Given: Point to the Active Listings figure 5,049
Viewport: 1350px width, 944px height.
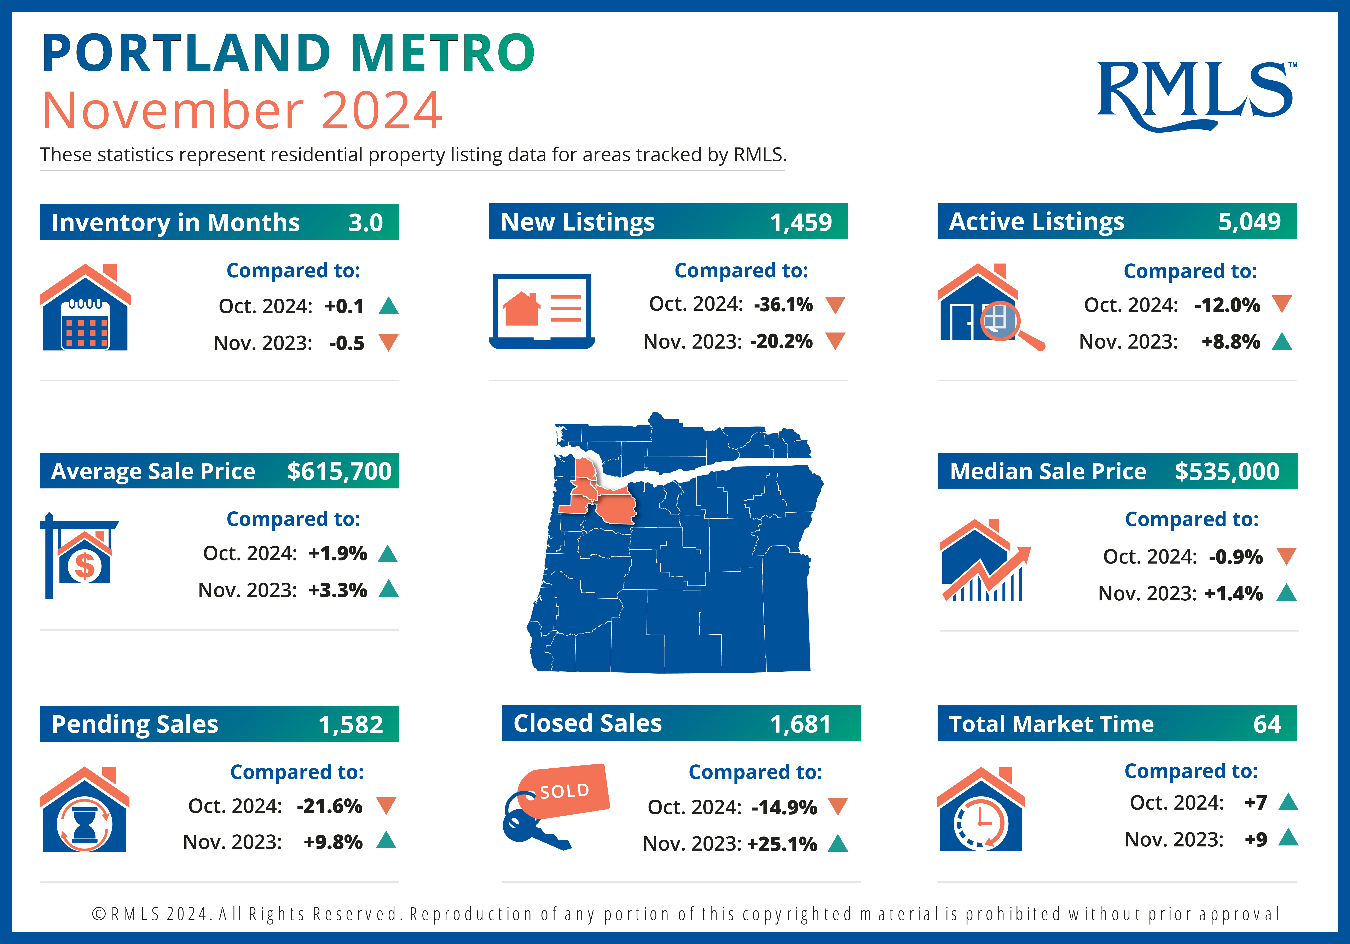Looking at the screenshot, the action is (x=1250, y=222).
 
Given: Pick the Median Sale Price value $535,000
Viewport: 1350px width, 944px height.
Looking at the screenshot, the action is (x=1227, y=471).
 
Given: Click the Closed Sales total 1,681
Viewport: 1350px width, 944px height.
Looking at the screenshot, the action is (x=801, y=724).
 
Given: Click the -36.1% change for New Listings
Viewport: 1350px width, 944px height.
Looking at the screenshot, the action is (x=783, y=304).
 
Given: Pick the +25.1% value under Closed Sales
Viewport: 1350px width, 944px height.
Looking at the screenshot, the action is (x=782, y=844).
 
